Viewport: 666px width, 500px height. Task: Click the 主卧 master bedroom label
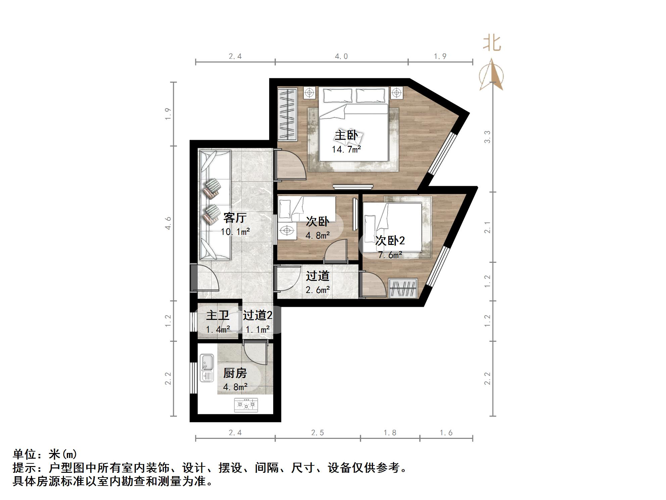(x=346, y=135)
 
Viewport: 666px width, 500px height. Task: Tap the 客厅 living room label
(x=235, y=218)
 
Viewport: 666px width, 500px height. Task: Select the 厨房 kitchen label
(x=235, y=373)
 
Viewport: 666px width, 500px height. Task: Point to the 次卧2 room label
(x=390, y=240)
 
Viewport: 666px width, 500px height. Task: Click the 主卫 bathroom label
(x=218, y=315)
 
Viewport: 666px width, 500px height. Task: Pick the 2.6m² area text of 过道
(x=317, y=290)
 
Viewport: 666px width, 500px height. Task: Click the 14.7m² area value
(x=346, y=149)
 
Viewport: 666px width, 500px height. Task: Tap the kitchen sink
(x=207, y=368)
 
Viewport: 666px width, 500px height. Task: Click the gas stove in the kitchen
(x=246, y=405)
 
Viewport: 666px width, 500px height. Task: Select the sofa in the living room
(x=215, y=205)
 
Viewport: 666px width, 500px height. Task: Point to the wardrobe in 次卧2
(x=403, y=288)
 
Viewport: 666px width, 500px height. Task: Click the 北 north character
(x=492, y=44)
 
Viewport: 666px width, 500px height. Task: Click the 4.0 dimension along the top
(x=341, y=56)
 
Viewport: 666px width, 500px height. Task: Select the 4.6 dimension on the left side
(x=168, y=223)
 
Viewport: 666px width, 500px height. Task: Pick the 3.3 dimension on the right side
(x=487, y=137)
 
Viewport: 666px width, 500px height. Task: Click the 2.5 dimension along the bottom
(x=317, y=433)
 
